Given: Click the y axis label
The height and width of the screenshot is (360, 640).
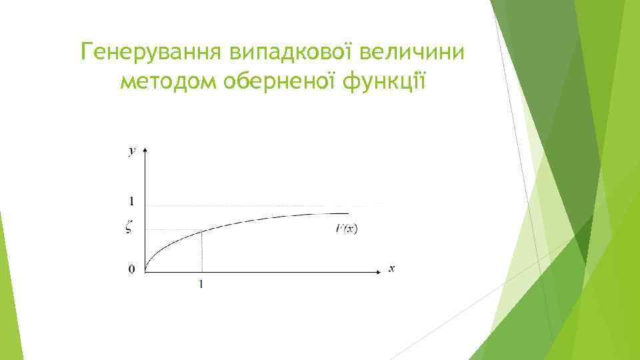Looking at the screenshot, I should pyautogui.click(x=132, y=151).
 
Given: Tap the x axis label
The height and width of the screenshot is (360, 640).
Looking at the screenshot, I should pyautogui.click(x=392, y=269).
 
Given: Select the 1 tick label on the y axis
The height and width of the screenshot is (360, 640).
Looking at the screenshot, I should pyautogui.click(x=131, y=201).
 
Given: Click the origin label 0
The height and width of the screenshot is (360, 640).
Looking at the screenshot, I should pyautogui.click(x=131, y=269).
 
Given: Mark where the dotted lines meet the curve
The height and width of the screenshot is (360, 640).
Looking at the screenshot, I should pyautogui.click(x=201, y=231).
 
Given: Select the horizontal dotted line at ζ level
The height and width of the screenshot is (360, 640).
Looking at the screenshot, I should pyautogui.click(x=173, y=231).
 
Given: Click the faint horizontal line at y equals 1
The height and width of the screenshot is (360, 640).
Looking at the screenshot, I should pyautogui.click(x=267, y=206).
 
